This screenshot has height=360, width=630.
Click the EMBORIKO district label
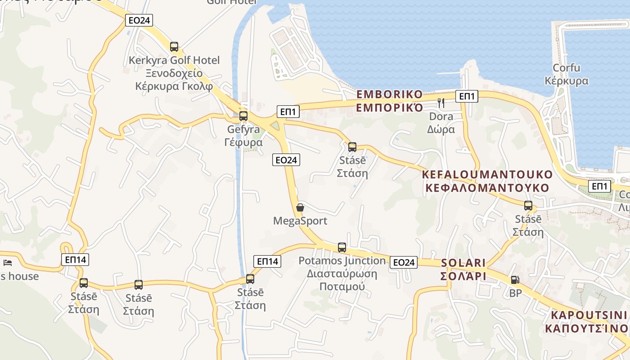[x=390, y=101]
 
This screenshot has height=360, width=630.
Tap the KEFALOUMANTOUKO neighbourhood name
[x=487, y=181]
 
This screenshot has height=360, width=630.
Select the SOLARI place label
[x=463, y=269]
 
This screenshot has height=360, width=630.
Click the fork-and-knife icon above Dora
[x=441, y=103]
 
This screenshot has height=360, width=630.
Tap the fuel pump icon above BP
[x=515, y=279]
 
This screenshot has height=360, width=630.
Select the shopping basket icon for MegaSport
[x=300, y=207]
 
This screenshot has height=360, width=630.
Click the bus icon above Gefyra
[x=243, y=116]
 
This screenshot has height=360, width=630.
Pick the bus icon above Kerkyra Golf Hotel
[x=174, y=46]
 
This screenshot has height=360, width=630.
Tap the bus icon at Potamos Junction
[x=342, y=247]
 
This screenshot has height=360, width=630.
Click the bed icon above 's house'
[x=8, y=263]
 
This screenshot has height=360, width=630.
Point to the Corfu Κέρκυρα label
[x=567, y=74]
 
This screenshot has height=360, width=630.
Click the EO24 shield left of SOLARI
[x=404, y=262]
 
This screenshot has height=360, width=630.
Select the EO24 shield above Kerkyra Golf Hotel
[x=139, y=20]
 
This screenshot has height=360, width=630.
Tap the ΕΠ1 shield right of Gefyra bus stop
[x=288, y=111]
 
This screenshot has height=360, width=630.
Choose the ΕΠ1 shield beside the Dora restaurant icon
[x=467, y=96]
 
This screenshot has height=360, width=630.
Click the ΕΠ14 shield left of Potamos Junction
[x=267, y=261]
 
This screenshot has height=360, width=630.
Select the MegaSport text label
[x=300, y=221]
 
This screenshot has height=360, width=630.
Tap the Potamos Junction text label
[x=342, y=273]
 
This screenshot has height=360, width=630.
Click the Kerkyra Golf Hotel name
[x=174, y=73]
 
